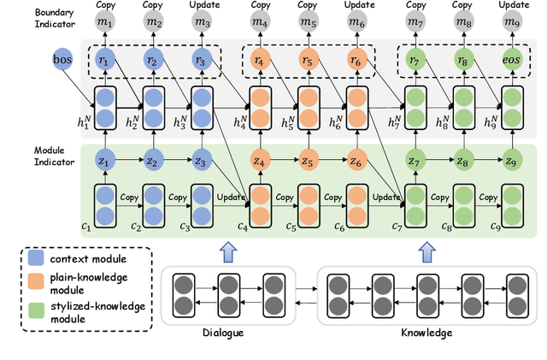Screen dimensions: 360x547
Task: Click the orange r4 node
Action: point(258,62)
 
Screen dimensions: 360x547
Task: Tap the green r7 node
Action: point(416,62)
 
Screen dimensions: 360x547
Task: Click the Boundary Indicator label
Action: point(32,20)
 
